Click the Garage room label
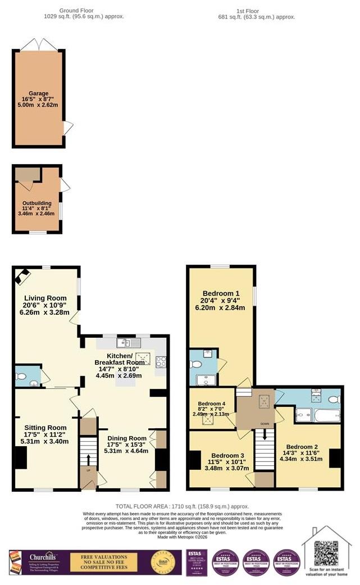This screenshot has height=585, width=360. point(39,94)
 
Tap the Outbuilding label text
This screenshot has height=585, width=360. point(37,203)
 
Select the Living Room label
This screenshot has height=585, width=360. point(45,298)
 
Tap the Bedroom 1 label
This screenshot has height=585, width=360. point(221,293)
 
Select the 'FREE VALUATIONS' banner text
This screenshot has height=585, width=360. point(103,557)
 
